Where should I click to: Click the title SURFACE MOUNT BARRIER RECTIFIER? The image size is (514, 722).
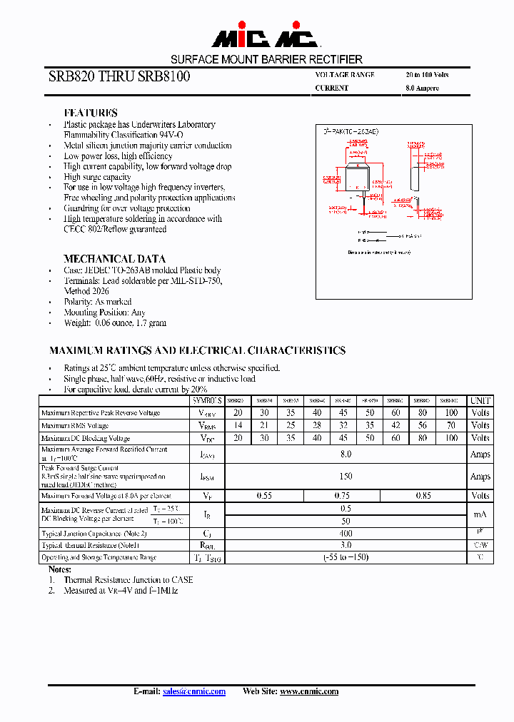coord(266,59)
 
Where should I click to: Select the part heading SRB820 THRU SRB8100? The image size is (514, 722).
coord(119,76)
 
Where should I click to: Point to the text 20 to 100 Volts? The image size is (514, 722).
coord(427,74)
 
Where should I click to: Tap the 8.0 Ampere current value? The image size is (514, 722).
coord(422,88)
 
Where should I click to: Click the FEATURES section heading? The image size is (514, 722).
coord(91,113)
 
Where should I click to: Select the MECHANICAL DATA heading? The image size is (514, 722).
coord(114,259)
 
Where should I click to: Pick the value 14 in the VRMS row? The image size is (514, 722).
coord(238,425)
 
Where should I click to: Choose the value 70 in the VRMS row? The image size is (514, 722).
coord(451,425)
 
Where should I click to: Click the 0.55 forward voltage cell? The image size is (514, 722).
coord(264,495)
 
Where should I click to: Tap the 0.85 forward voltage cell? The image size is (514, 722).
coord(424,495)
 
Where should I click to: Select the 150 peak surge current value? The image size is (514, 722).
coord(346,476)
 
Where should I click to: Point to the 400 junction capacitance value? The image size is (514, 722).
coord(346,533)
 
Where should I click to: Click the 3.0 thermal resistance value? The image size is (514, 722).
coord(346,545)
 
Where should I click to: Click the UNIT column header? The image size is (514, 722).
coord(480,401)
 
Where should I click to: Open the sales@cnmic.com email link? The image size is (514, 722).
coord(194,691)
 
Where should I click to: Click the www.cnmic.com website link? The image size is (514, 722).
coord(309,691)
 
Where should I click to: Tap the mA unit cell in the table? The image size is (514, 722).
coord(480,514)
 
